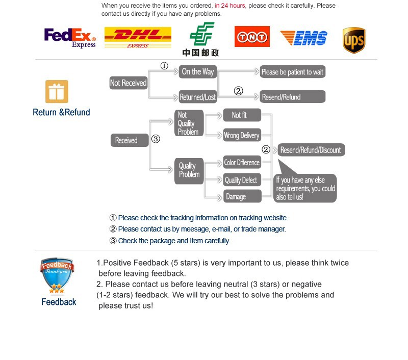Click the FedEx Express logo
click(x=70, y=38)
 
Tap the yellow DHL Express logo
click(x=138, y=38)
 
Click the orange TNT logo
click(x=252, y=37)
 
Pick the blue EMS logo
click(x=303, y=38)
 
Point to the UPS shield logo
click(x=354, y=40)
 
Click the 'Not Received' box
click(x=128, y=83)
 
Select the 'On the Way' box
click(x=198, y=72)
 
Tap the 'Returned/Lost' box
click(x=198, y=97)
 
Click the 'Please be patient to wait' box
click(x=292, y=72)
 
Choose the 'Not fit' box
click(x=242, y=115)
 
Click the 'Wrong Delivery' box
click(x=242, y=136)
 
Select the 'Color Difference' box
click(x=242, y=163)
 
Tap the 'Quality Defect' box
click(x=242, y=180)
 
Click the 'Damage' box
click(x=242, y=197)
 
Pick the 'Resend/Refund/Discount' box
click(x=311, y=150)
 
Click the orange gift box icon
click(x=57, y=92)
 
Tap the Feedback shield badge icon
click(x=57, y=276)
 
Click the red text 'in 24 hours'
click(x=229, y=6)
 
